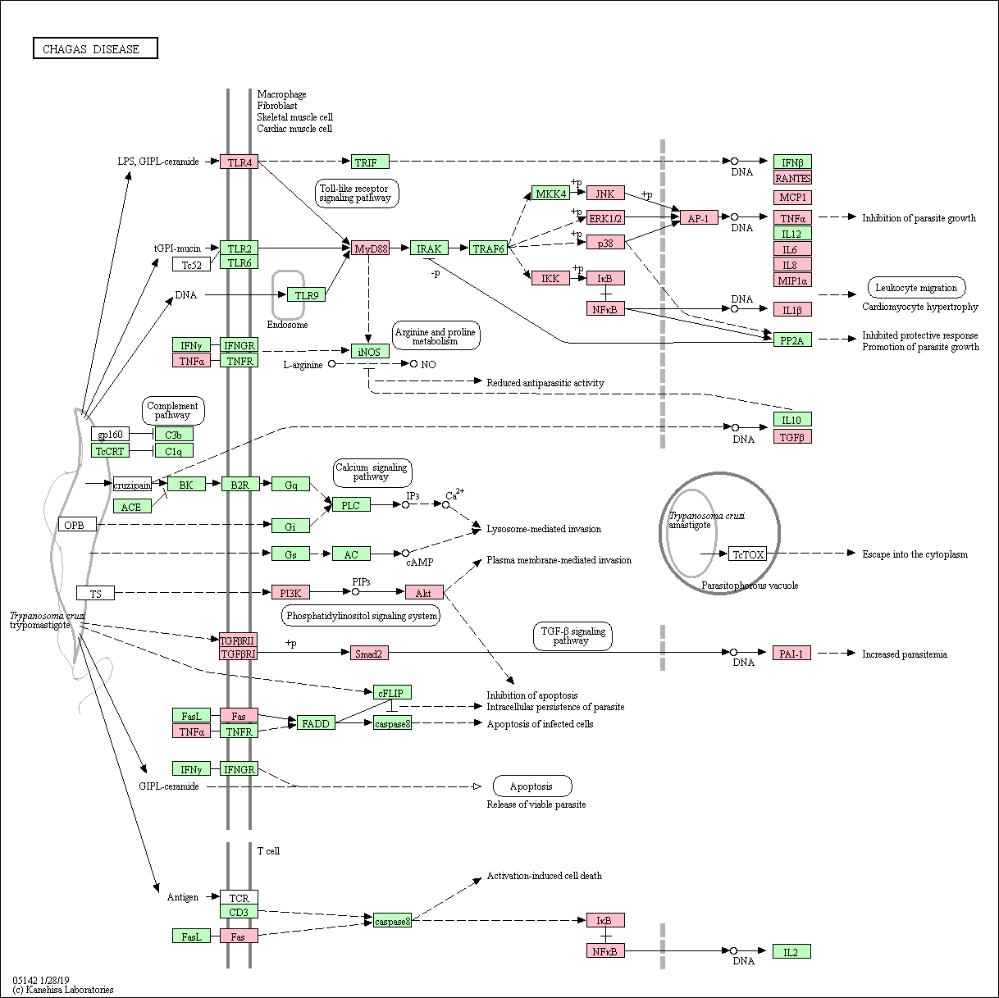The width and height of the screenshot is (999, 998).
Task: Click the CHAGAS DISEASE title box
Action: click(95, 48)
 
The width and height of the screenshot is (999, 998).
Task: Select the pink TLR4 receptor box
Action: click(239, 162)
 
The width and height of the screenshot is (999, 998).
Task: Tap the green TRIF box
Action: click(370, 162)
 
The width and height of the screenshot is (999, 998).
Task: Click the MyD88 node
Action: click(370, 248)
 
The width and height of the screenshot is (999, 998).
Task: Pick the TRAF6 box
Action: click(488, 248)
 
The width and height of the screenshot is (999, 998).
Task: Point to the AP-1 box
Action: click(699, 218)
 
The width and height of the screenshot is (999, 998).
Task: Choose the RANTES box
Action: click(792, 178)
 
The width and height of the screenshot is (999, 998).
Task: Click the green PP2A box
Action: click(792, 340)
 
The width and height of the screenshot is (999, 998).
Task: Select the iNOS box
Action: click(370, 352)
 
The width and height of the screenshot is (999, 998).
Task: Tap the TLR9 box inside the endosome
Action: click(307, 295)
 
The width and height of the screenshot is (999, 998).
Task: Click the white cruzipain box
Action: click(132, 485)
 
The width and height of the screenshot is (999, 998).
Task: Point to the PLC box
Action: click(352, 504)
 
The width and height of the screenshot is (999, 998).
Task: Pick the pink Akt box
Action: click(425, 593)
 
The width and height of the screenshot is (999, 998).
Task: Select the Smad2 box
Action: click(369, 654)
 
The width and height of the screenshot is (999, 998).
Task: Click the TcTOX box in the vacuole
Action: click(747, 554)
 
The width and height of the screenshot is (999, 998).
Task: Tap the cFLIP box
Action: click(392, 693)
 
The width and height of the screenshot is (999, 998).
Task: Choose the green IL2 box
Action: click(791, 952)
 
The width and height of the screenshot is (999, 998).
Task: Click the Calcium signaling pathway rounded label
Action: click(372, 472)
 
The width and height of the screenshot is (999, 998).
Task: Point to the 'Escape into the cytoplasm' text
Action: click(915, 554)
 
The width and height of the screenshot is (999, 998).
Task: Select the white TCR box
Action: click(239, 898)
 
